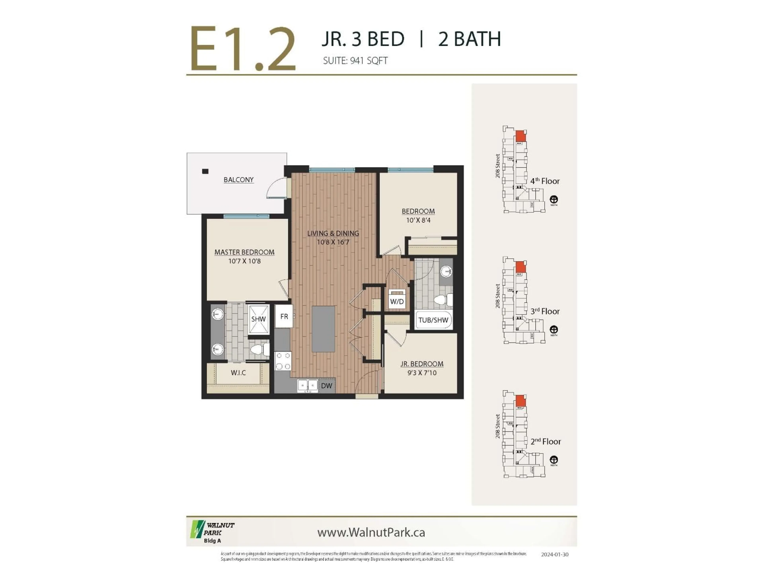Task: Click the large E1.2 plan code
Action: point(243,49)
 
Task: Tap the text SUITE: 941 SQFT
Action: point(355,61)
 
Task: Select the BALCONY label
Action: point(238,180)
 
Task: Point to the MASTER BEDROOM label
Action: point(244,252)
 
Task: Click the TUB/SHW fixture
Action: point(433,320)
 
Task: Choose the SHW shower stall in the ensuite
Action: point(258,319)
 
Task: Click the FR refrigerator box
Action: point(284,316)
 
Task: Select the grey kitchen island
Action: point(323,329)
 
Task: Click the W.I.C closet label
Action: point(238,373)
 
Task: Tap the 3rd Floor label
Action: point(545,311)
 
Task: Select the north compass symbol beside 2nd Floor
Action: point(554,460)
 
